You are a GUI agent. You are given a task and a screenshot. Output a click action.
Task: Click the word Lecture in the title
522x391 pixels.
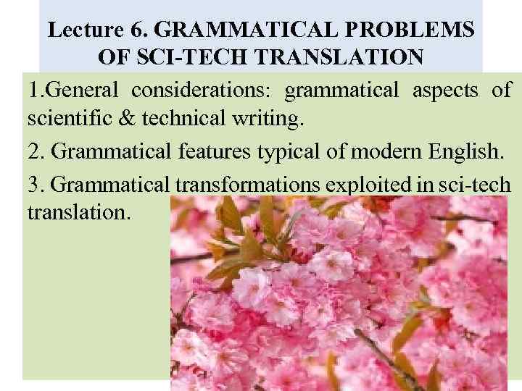coord(80,30)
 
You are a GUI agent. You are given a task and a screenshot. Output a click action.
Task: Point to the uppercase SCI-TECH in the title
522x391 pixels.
coord(182,56)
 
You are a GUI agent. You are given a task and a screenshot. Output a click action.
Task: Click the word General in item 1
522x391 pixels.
coord(80,91)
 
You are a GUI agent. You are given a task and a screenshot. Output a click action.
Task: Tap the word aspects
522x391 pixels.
coord(445,91)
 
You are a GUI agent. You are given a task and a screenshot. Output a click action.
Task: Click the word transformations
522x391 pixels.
coord(247,185)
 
